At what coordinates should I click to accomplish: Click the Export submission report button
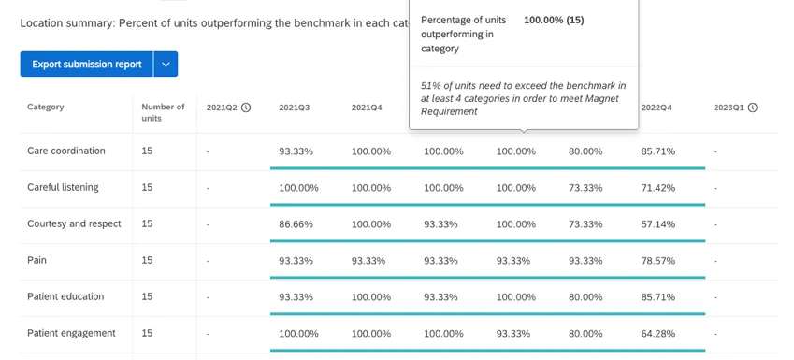tap(86, 65)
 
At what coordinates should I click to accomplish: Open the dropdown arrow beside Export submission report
tap(166, 65)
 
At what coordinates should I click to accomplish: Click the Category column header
tap(46, 108)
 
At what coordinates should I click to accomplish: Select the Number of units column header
tap(163, 112)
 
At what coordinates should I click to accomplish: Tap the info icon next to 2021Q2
tap(246, 108)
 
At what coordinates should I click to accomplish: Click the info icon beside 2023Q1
tap(753, 108)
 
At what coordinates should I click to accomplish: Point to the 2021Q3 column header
tap(294, 108)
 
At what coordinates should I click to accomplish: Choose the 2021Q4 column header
tap(367, 108)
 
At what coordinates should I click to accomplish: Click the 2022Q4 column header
tap(657, 108)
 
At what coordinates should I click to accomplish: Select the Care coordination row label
tap(66, 151)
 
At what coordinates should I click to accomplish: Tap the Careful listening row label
tap(63, 187)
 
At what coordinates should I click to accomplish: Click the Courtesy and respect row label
tap(74, 223)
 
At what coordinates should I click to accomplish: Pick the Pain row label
tap(37, 260)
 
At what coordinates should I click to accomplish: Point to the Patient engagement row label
tap(71, 333)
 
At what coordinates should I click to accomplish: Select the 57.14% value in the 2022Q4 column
tap(657, 224)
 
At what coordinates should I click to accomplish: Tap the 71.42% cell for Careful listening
tap(657, 188)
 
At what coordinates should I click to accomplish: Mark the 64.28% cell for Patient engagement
tap(657, 334)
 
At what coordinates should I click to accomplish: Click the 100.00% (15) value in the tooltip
tap(554, 20)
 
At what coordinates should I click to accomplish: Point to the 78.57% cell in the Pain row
tap(657, 261)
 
